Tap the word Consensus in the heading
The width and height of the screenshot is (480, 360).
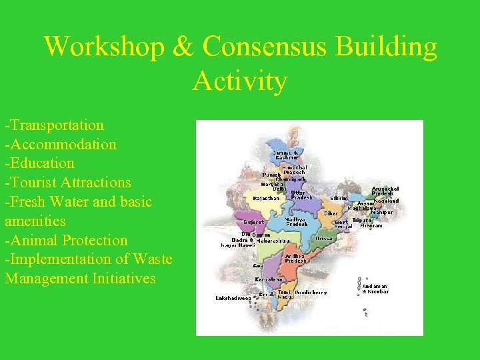(x=274, y=47)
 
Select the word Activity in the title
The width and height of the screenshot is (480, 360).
(x=240, y=81)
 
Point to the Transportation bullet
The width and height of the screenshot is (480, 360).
(x=55, y=125)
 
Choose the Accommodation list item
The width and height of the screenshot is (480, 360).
(x=61, y=145)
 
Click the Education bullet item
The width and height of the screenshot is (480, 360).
(x=39, y=163)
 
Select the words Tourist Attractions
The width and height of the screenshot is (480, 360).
(x=68, y=183)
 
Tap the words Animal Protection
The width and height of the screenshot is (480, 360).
(x=66, y=240)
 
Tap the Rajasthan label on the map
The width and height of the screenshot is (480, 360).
(x=267, y=198)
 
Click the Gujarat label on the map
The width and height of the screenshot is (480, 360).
(x=254, y=222)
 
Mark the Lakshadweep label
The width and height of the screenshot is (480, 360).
(x=233, y=298)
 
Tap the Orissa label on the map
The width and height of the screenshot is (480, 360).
(x=325, y=238)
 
